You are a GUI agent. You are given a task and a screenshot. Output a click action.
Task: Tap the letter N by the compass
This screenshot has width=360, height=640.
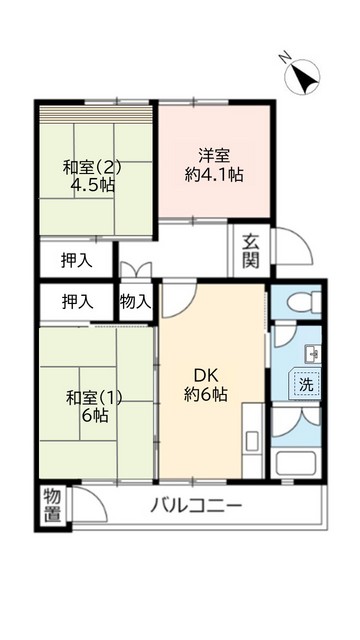point(285,59)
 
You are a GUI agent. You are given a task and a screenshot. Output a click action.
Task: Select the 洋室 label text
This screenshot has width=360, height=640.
point(214,154)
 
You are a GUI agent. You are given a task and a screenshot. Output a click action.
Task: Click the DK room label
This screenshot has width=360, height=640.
point(207,375)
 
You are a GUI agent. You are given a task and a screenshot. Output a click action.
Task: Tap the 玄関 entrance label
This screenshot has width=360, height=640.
point(251,252)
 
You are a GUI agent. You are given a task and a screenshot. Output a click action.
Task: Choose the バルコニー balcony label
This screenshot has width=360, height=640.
point(196,505)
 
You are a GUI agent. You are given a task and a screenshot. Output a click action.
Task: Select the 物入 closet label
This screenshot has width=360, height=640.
point(136,300)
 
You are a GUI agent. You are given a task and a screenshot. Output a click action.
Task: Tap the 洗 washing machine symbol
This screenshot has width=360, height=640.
point(303,382)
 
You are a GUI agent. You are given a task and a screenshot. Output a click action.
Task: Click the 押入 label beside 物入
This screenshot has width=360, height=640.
point(78,300)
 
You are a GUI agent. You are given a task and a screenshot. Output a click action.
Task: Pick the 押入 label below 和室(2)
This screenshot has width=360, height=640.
point(77,261)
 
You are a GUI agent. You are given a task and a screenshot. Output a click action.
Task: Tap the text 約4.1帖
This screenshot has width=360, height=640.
point(215,174)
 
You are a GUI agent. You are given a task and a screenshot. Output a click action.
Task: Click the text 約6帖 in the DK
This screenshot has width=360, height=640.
point(206,395)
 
